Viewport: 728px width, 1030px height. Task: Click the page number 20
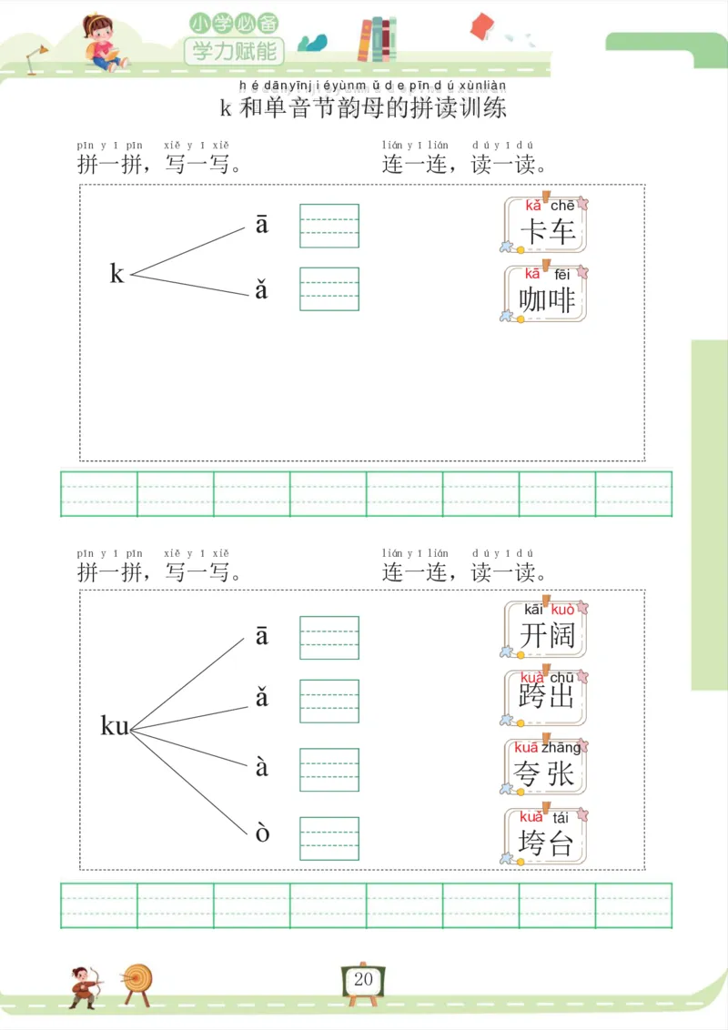point(364,980)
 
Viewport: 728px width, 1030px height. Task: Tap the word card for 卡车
point(546,225)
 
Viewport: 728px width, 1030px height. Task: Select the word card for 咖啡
point(546,293)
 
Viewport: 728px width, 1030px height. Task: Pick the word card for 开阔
point(546,629)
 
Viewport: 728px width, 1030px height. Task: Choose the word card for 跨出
point(546,697)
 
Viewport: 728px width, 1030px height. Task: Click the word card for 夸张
point(546,766)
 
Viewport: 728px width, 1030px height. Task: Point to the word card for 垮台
point(546,835)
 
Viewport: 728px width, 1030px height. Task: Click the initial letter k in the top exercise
point(116,273)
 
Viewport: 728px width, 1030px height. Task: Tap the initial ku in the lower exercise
point(115,726)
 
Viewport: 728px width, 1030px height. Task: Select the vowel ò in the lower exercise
point(262,833)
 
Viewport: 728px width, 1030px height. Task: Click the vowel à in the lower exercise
point(262,767)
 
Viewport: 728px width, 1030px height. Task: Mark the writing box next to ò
point(329,838)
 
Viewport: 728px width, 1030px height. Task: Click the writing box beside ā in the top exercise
point(329,226)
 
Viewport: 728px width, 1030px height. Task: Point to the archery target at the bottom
point(138,981)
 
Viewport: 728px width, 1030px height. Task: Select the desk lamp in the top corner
point(37,56)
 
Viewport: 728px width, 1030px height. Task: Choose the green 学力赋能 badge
point(234,50)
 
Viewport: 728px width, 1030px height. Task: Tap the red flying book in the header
point(482,25)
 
